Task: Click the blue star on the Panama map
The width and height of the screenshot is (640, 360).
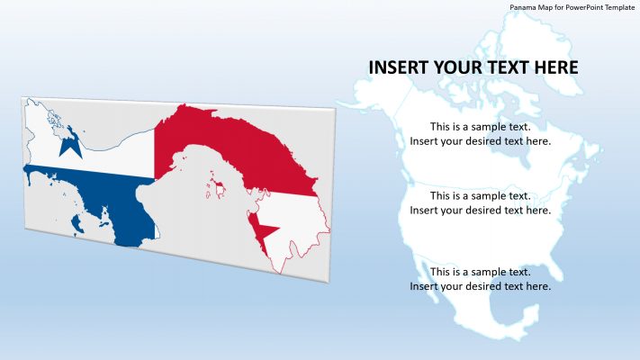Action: (68, 143)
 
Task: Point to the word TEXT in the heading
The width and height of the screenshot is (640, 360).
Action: (518, 67)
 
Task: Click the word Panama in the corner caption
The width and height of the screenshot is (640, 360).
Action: (525, 7)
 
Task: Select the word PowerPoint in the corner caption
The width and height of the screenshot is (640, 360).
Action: (581, 7)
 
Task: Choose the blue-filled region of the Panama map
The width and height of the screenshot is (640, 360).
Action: (99, 193)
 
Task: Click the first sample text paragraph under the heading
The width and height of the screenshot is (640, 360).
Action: (480, 134)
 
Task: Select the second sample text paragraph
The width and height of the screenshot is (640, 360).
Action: (480, 202)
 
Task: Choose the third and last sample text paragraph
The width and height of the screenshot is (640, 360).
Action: (480, 279)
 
